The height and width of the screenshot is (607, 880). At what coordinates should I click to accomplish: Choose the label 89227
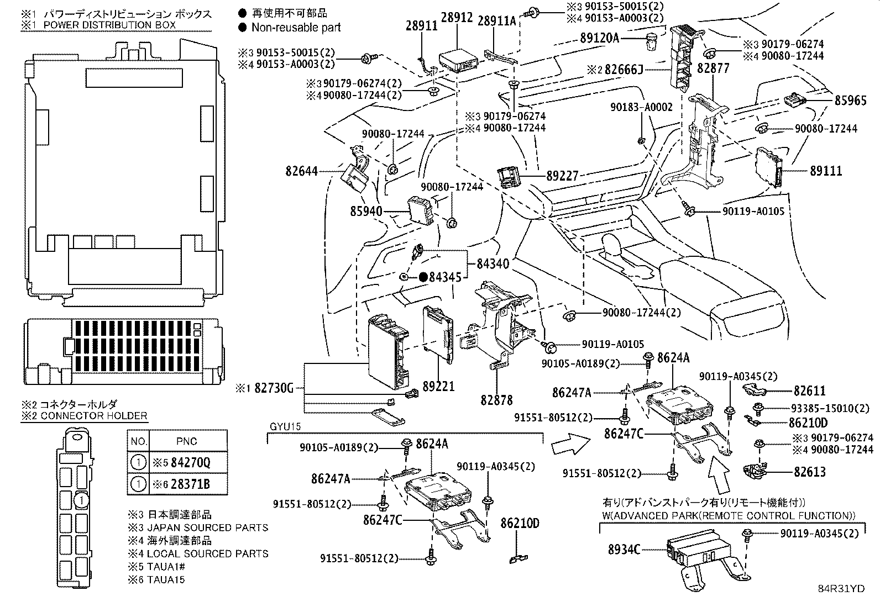coord(562,176)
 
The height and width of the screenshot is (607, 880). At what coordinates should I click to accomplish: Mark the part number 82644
coord(302,171)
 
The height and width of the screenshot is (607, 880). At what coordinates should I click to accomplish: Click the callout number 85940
coord(366,211)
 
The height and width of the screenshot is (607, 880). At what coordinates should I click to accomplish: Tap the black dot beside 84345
coord(423,277)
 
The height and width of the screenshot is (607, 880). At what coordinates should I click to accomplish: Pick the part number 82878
coord(496,400)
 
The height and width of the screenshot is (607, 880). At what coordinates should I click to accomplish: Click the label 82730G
coord(274,388)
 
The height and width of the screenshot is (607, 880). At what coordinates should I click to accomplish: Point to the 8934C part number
coord(624,549)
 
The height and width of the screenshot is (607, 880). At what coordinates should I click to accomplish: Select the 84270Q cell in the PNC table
coord(191,462)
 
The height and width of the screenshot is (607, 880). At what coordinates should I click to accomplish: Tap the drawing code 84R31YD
coord(841,588)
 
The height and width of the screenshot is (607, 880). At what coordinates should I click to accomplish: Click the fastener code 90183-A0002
coord(641,107)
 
